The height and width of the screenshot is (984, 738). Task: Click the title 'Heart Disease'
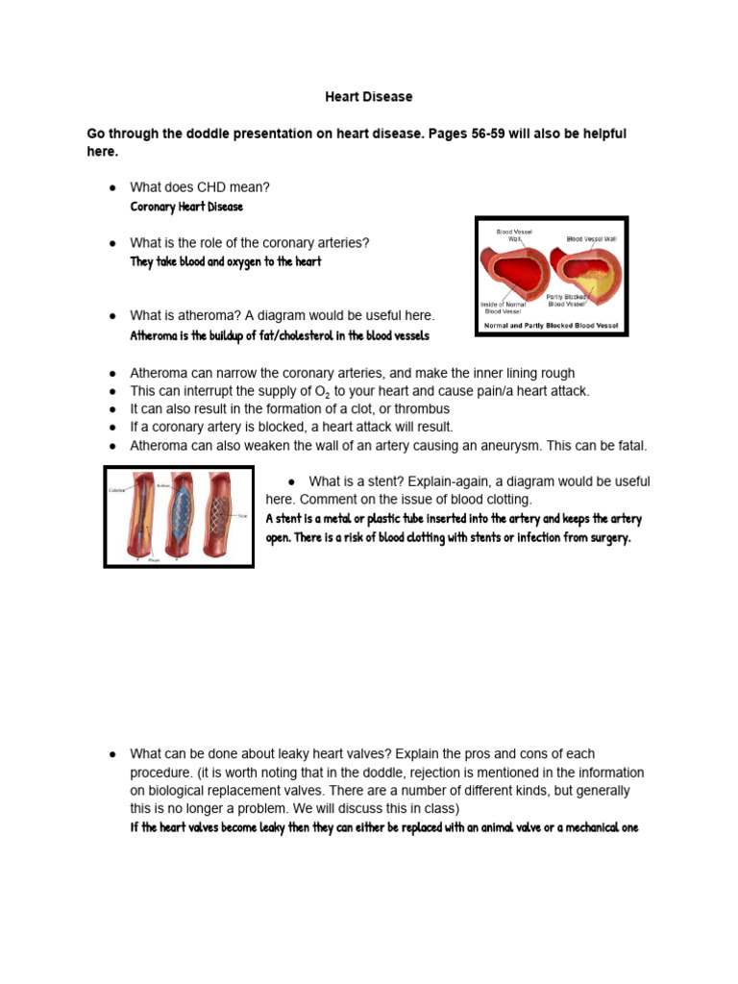pos(368,97)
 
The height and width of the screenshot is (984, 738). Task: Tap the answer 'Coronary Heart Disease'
pos(186,207)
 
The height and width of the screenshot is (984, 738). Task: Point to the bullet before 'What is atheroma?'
pos(112,316)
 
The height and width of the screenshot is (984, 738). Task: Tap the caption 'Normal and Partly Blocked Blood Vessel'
pos(552,326)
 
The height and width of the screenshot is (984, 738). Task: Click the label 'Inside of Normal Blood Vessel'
pos(506,307)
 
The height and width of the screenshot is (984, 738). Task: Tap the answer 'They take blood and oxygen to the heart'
pos(226,261)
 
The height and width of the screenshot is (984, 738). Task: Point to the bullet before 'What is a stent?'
pos(291,481)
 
